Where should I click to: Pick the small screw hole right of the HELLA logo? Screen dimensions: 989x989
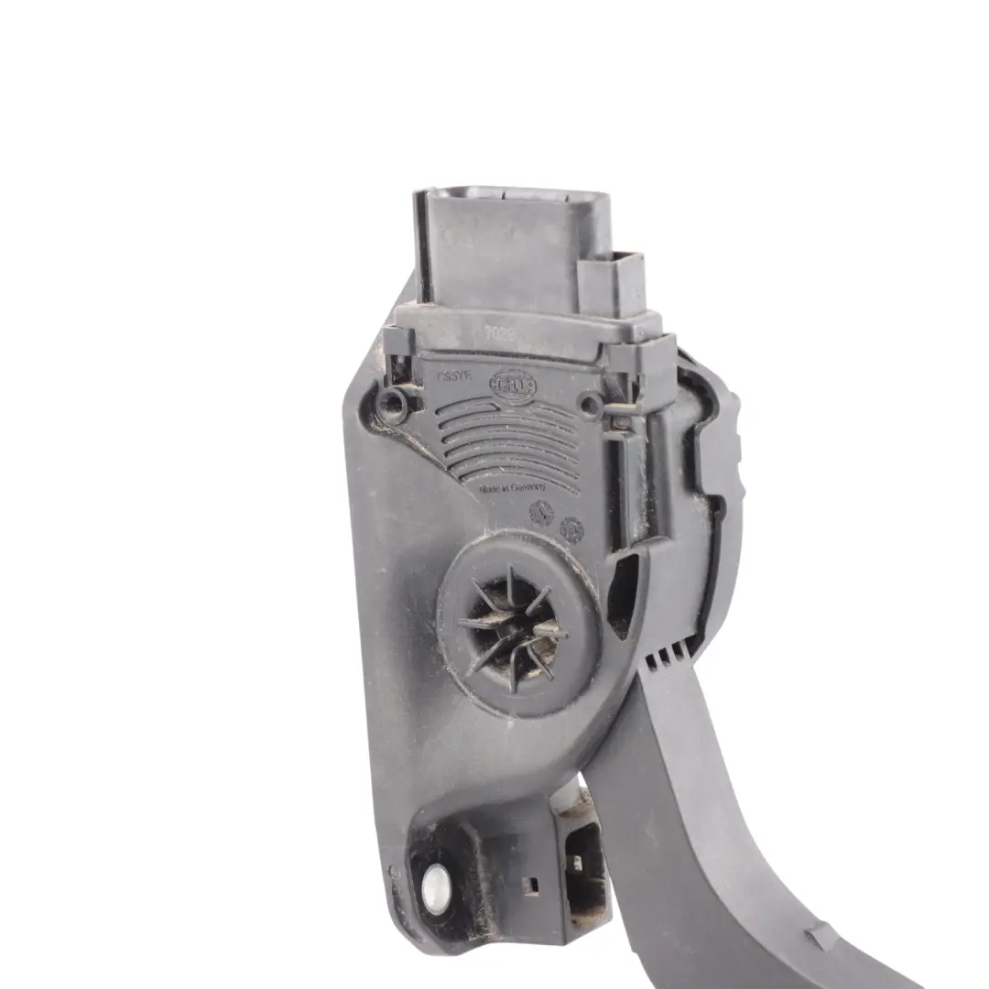pos(592,405)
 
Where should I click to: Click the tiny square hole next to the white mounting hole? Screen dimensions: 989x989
pos(527,884)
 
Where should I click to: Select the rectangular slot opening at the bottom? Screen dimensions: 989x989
pos(578,865)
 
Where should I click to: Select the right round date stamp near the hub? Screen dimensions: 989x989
pos(572,528)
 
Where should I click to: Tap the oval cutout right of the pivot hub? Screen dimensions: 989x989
pos(625,595)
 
